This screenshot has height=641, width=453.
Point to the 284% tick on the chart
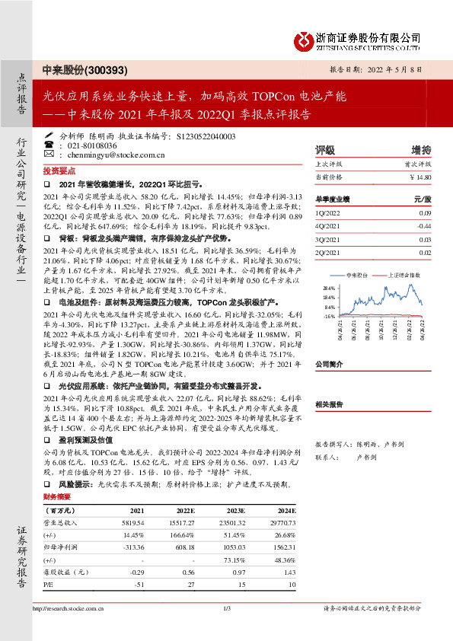[329, 289]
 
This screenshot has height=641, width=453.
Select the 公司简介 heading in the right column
[330, 365]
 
